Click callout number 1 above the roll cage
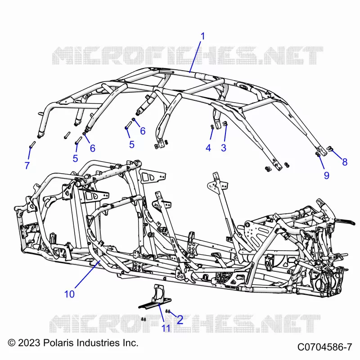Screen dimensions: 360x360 [202, 36]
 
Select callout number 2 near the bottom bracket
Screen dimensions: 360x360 [180, 320]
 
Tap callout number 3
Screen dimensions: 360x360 [223, 148]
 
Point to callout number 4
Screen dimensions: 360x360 [208, 148]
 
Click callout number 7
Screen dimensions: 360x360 [27, 165]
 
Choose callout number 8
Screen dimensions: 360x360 [345, 162]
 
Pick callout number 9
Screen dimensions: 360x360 [327, 175]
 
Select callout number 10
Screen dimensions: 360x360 [69, 294]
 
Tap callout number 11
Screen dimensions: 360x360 [166, 328]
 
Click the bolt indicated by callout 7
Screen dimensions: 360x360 [32, 144]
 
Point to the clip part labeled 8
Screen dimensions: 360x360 [329, 149]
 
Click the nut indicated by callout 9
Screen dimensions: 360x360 [318, 154]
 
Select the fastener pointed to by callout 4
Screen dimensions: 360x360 [212, 127]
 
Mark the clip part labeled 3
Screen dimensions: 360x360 [225, 124]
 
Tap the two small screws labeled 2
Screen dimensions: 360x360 [167, 311]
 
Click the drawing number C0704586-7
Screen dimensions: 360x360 [324, 347]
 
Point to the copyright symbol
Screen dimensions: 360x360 [12, 343]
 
